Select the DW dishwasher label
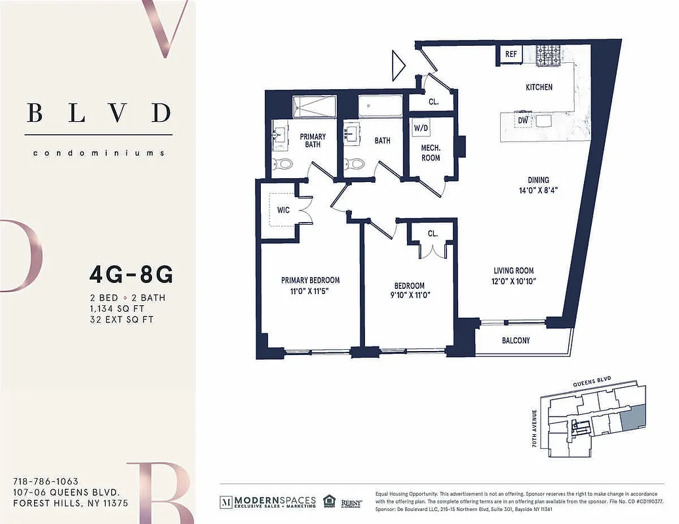(x=523, y=121)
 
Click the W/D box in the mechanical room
(x=420, y=128)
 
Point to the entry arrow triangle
(x=398, y=65)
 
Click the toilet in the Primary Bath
(x=282, y=164)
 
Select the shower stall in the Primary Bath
(x=313, y=106)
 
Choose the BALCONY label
(x=516, y=341)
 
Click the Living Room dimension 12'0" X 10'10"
(x=513, y=282)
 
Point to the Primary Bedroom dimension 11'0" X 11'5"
(x=311, y=291)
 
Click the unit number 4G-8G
(x=130, y=275)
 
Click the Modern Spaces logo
(x=267, y=501)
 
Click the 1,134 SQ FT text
(x=117, y=309)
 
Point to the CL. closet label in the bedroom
(x=433, y=233)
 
